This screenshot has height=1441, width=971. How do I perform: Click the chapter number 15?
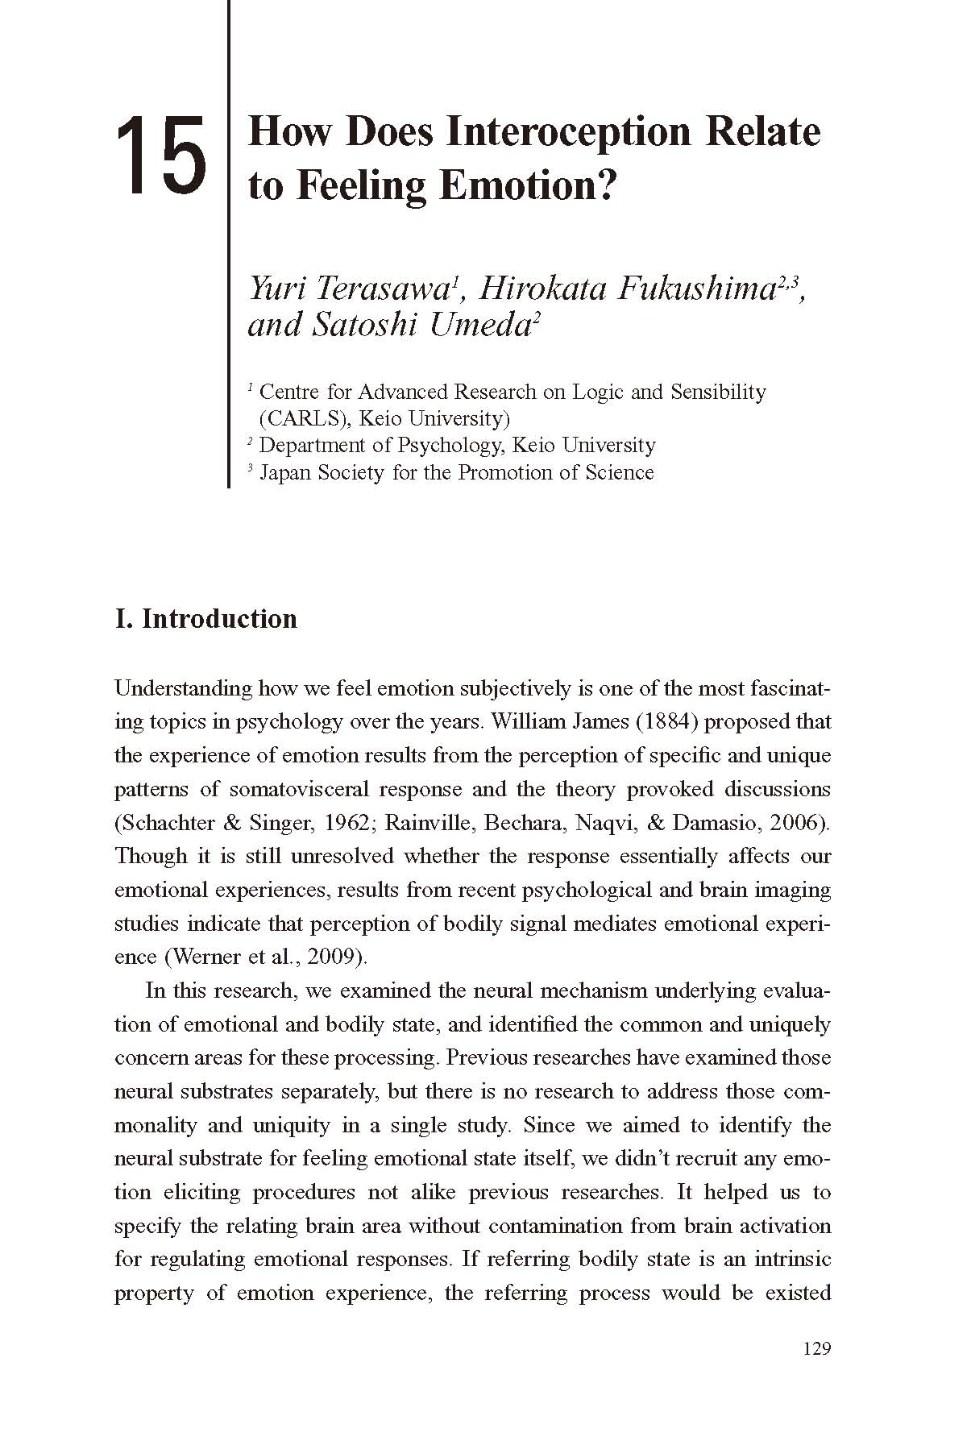pos(161,156)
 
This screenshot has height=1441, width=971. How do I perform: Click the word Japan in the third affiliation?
pos(285,472)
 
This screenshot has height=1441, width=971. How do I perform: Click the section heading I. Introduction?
pos(206,619)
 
